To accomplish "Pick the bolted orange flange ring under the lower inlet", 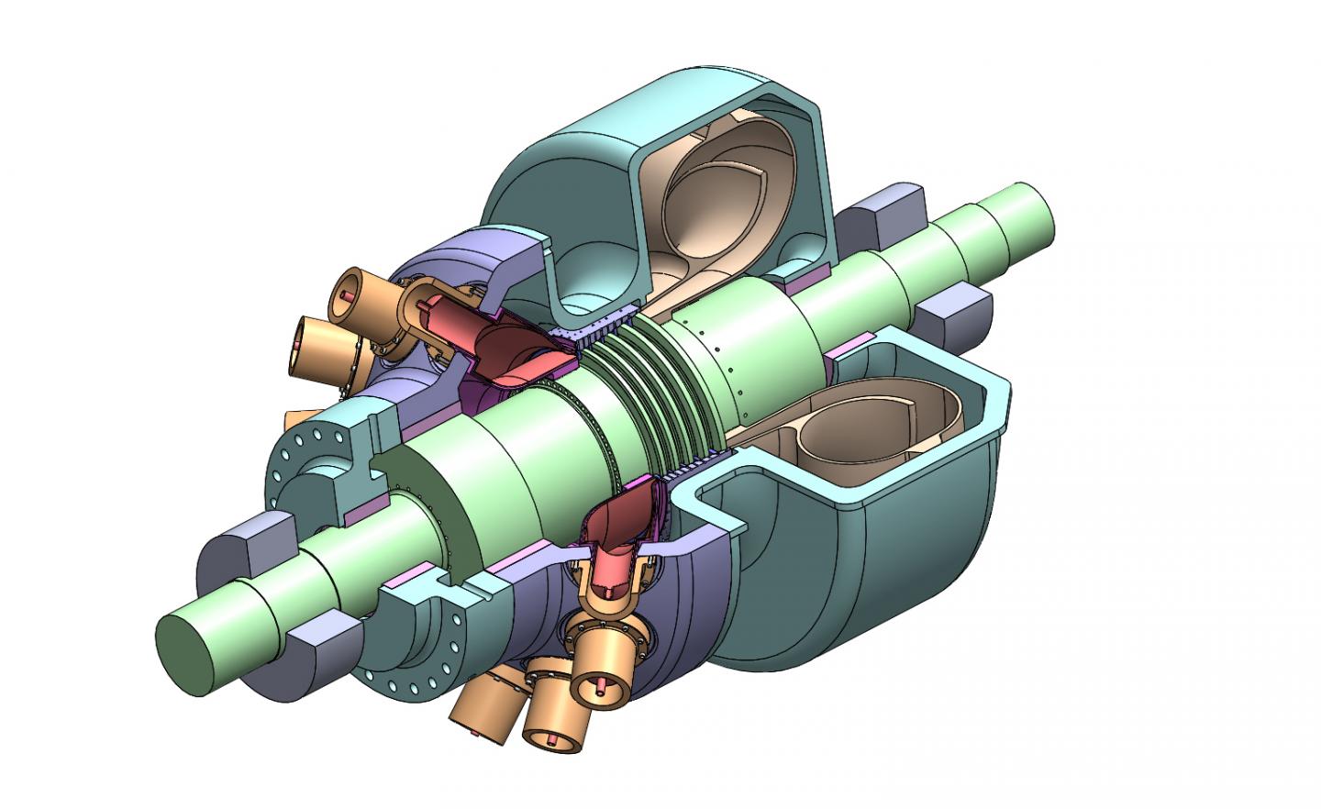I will [605, 633].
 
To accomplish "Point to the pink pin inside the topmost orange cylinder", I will [345, 295].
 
